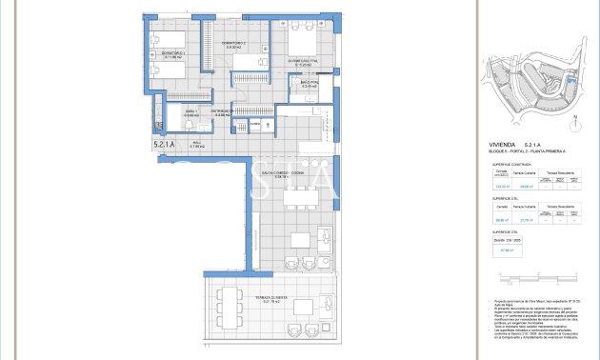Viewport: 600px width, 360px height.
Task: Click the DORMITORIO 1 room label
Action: tap(172, 55)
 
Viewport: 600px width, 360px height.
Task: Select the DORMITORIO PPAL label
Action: tap(301, 65)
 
